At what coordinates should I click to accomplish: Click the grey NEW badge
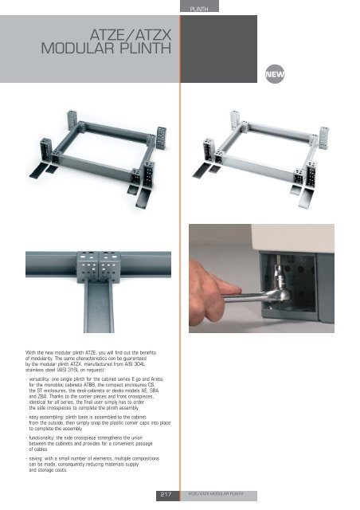pyautogui.click(x=275, y=74)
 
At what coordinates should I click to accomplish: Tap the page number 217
pyautogui.click(x=166, y=494)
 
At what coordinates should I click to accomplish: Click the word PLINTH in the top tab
pyautogui.click(x=199, y=9)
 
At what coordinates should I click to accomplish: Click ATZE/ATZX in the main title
pyautogui.click(x=131, y=35)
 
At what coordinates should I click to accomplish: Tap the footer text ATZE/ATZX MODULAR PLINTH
pyautogui.click(x=216, y=494)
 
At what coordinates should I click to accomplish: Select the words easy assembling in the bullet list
pyautogui.click(x=46, y=418)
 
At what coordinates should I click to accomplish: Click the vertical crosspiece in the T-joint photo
pyautogui.click(x=99, y=308)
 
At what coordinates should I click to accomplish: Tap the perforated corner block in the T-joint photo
pyautogui.click(x=99, y=267)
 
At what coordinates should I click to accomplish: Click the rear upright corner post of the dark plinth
pyautogui.click(x=72, y=120)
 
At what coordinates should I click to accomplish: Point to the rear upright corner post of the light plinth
pyautogui.click(x=235, y=120)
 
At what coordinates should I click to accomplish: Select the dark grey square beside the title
pyautogui.click(x=218, y=49)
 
